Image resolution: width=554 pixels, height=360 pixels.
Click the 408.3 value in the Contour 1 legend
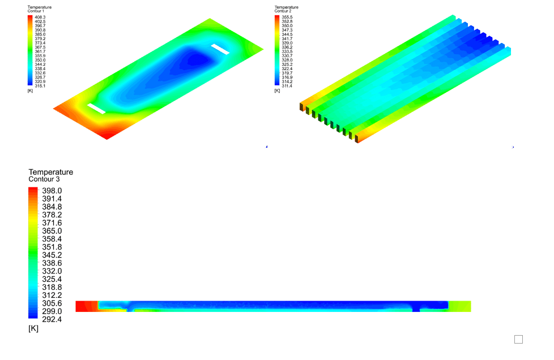(40, 18)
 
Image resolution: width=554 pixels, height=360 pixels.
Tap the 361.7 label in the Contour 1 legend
(40, 52)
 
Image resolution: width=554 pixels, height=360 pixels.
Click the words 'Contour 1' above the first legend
(36, 11)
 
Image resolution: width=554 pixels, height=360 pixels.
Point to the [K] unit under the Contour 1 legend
(30, 91)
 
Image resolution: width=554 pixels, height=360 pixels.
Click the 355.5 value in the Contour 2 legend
(287, 18)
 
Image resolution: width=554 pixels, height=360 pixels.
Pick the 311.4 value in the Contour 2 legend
(287, 85)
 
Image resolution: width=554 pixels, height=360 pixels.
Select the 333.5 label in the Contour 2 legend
(287, 52)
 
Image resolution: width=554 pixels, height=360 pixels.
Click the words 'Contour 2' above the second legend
(283, 11)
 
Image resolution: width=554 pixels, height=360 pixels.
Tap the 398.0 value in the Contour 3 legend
(52, 191)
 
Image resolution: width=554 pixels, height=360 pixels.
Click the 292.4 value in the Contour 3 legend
(52, 319)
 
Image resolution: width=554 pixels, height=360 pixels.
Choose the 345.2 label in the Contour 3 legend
(52, 255)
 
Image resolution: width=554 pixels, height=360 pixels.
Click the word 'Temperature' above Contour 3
(51, 172)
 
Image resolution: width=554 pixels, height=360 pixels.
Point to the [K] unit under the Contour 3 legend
(33, 328)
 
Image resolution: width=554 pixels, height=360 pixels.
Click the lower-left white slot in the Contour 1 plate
(96, 109)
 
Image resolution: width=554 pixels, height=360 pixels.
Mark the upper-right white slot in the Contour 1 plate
(220, 49)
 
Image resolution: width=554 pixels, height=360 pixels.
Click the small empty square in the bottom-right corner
(518, 339)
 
